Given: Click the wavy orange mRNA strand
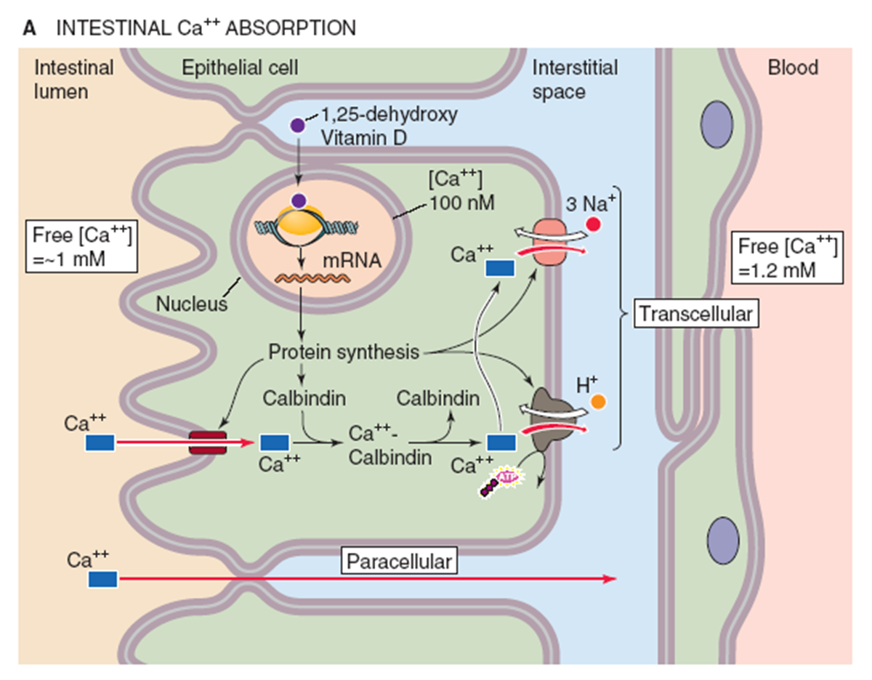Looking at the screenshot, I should coord(305,278).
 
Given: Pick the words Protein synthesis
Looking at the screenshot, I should coord(344,353).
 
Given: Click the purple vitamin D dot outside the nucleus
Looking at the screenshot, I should coord(297,125).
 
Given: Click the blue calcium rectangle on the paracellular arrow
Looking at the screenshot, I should coord(102,579).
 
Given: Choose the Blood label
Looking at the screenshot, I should coord(793,68).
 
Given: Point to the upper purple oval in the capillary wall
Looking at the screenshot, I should coord(717,119).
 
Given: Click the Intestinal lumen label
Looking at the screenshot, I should coord(74,80).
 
